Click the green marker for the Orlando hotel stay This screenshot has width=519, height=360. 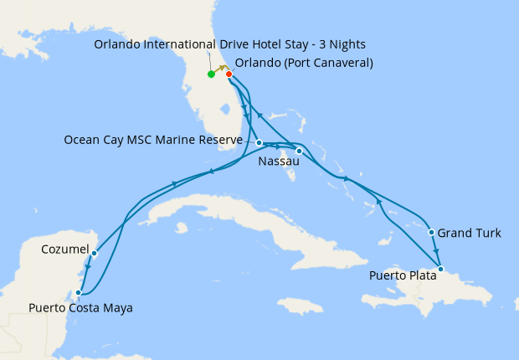(x=211, y=75)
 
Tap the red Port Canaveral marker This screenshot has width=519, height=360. (x=229, y=75)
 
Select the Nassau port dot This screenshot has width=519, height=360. (x=299, y=152)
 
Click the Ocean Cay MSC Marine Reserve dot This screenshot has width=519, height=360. (x=259, y=142)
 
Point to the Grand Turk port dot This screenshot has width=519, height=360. (x=431, y=233)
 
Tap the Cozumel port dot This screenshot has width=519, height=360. (x=95, y=253)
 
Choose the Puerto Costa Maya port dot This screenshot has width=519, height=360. (x=79, y=293)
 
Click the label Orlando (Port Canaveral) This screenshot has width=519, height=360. (x=304, y=63)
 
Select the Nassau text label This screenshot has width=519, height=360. (x=280, y=160)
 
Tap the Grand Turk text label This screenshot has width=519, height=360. (x=470, y=233)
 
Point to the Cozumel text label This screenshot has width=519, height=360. (x=64, y=249)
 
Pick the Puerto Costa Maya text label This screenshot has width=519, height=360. (x=80, y=308)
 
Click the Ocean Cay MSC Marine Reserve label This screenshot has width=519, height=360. (x=153, y=140)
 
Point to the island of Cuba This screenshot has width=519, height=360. (x=218, y=209)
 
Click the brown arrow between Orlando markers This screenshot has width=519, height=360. (x=221, y=69)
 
